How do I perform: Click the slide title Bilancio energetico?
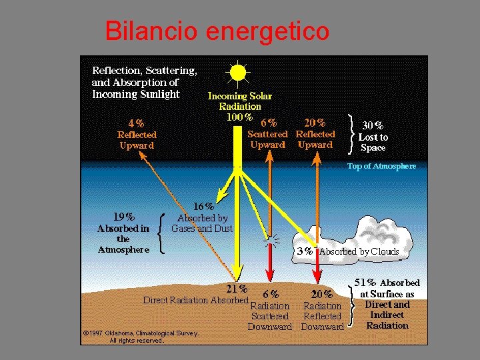click(x=217, y=31)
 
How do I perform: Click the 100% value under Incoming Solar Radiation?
click(x=239, y=117)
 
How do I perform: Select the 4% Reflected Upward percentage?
click(x=135, y=123)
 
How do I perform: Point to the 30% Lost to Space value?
click(x=372, y=125)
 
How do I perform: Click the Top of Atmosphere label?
click(x=381, y=166)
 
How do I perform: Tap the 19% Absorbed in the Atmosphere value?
click(x=124, y=216)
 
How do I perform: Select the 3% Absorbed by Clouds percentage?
click(x=305, y=251)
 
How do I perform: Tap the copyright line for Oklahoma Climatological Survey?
click(x=141, y=333)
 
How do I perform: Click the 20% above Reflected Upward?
click(x=315, y=123)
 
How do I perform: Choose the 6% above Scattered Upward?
click(x=269, y=123)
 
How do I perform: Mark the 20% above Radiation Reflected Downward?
click(x=322, y=293)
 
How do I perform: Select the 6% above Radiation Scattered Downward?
click(x=271, y=293)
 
